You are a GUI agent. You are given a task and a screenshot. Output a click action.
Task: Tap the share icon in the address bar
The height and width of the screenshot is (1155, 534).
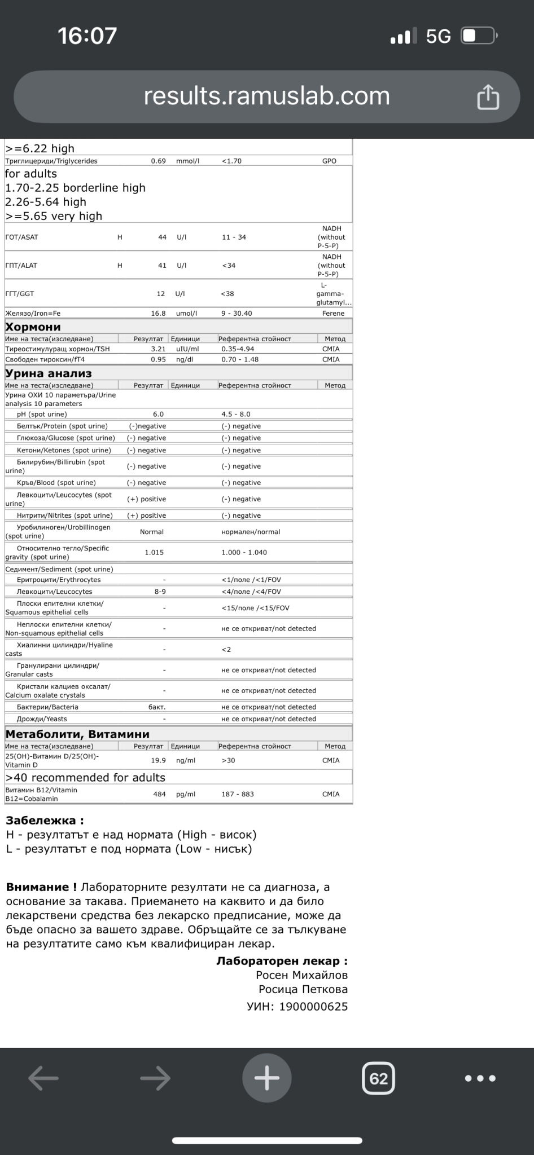click(488, 96)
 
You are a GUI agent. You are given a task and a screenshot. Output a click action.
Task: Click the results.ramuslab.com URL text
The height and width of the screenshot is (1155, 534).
click(266, 96)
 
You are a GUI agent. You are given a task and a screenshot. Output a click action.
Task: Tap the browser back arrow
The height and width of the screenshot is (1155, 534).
click(43, 1078)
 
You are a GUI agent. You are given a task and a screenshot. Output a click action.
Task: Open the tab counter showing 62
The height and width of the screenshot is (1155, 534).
click(378, 1078)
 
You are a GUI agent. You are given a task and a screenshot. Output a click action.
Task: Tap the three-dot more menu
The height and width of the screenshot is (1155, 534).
click(480, 1078)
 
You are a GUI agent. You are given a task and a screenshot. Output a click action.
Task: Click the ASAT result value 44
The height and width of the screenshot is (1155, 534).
click(162, 237)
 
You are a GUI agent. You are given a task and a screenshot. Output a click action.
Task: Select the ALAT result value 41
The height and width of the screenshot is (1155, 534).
click(162, 266)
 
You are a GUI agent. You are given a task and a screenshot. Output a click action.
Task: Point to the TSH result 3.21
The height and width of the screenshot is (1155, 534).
click(158, 349)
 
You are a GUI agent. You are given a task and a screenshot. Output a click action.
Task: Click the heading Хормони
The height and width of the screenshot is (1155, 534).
click(33, 327)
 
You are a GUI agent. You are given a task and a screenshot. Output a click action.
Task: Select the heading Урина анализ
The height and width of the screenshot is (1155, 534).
click(49, 373)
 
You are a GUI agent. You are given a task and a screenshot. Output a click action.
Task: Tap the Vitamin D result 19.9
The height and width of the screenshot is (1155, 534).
click(158, 760)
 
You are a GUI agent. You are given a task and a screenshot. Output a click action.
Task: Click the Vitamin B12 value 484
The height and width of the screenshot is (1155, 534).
click(159, 794)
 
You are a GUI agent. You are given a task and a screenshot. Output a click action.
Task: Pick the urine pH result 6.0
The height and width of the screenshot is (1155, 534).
click(158, 415)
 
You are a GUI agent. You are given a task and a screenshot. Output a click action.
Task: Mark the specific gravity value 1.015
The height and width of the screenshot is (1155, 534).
click(154, 553)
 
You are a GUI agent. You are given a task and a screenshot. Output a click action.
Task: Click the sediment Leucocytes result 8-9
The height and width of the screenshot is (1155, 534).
click(160, 592)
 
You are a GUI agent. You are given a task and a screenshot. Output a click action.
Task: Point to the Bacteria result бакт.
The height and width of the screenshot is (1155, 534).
click(157, 707)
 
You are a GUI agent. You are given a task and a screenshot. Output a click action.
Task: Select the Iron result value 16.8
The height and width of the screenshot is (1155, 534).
click(158, 314)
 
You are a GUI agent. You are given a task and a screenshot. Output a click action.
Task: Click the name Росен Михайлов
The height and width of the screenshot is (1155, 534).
click(301, 975)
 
